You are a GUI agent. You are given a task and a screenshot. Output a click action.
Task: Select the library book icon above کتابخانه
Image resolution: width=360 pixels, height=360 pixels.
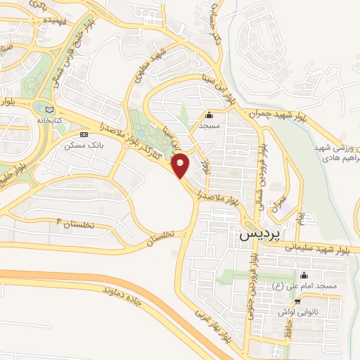(x=49, y=110)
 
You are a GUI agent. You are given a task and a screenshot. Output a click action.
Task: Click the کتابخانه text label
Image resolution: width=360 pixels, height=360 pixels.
(x=49, y=121)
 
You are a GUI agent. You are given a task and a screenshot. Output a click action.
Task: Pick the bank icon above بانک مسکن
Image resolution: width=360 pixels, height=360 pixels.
(x=84, y=134)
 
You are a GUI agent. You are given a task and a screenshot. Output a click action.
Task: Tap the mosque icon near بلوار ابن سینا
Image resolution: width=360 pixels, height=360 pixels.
(x=208, y=115)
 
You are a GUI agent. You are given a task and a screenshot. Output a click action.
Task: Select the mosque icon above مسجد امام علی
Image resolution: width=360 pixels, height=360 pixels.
(x=303, y=275)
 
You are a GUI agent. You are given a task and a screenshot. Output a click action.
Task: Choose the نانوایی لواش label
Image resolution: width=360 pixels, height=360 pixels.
(x=307, y=309)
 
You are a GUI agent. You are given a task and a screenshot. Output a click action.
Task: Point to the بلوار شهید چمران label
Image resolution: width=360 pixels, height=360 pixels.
(x=277, y=112)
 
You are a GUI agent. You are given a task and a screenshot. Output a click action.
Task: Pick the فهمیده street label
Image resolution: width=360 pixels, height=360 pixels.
(x=58, y=21)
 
